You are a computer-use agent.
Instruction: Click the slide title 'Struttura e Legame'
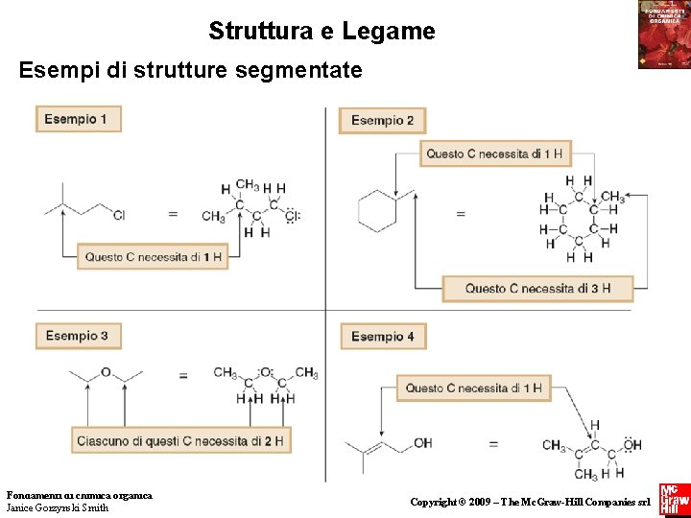tap(322, 32)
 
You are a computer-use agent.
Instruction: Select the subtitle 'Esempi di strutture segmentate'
tap(191, 70)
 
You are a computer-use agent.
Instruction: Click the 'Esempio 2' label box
tap(382, 120)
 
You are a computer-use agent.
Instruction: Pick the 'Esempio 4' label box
tap(382, 337)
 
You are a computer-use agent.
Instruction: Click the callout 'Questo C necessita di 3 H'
tap(537, 288)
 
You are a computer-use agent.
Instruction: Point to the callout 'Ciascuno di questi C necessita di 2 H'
tap(181, 440)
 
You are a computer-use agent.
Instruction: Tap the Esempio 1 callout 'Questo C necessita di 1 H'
tap(153, 256)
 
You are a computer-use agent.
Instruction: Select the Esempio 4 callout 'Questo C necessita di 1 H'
tap(473, 388)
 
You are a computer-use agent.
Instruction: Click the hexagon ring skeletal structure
tap(377, 210)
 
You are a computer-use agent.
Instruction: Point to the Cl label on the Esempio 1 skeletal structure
tap(119, 215)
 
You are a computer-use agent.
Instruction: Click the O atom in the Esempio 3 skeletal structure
tap(106, 372)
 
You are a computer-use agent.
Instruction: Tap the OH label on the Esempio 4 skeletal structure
tap(422, 443)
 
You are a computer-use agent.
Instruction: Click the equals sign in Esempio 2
tap(460, 214)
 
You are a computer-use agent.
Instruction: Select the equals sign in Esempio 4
tap(494, 444)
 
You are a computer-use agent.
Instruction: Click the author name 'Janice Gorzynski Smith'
tap(58, 507)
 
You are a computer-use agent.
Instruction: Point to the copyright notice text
tap(530, 502)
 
